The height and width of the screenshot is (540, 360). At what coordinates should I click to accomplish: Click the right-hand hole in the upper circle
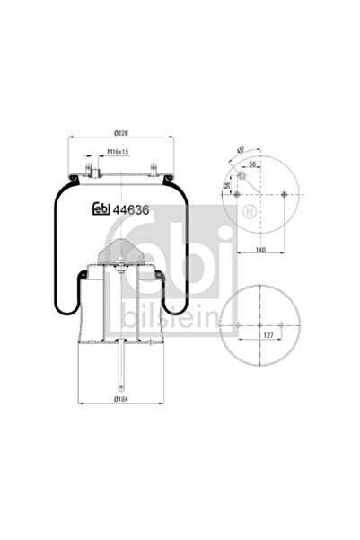coord(283,195)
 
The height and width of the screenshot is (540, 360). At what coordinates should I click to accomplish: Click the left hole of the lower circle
coord(235,327)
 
